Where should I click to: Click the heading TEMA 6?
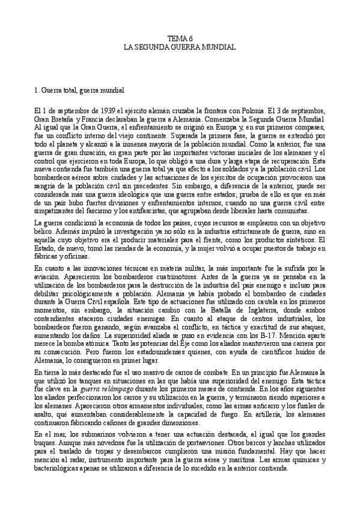[x=180, y=37]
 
